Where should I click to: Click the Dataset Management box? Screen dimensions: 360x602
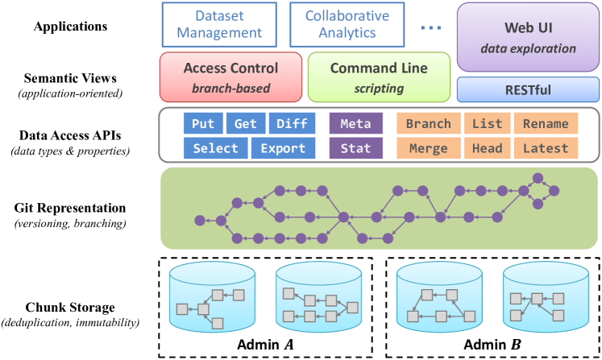pos(214,24)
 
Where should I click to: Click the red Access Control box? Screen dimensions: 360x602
pos(230,77)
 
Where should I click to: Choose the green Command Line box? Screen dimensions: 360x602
pos(379,77)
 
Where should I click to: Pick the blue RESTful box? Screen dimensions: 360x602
pos(528,89)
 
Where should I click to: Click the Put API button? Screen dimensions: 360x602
pos(203,124)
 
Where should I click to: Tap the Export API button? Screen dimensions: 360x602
pos(283,148)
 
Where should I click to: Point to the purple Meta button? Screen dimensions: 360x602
pos(355,124)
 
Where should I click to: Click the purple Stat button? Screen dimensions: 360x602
pos(355,148)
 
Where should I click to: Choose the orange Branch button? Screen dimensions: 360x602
pos(429,124)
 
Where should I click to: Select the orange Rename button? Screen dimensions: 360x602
pos(546,124)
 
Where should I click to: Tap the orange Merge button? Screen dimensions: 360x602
pos(429,148)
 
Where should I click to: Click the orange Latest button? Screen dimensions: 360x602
pos(546,148)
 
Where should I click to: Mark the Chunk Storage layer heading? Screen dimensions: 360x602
pos(71,308)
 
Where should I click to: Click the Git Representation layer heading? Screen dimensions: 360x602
pos(71,209)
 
